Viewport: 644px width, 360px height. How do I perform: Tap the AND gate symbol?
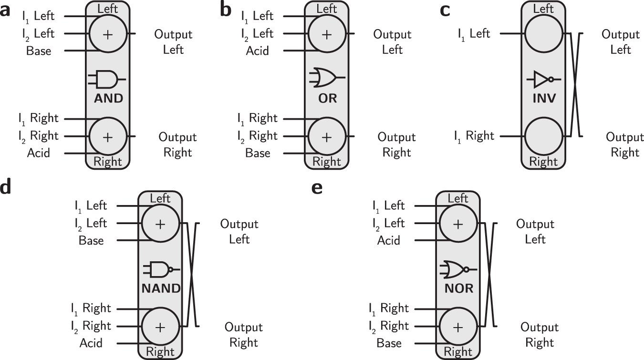click(x=107, y=79)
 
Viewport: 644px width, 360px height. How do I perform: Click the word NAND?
click(x=161, y=288)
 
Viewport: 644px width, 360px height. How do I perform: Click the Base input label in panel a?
click(x=39, y=51)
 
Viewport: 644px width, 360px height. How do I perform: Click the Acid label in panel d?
click(x=91, y=343)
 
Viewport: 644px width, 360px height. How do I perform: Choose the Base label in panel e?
click(x=389, y=343)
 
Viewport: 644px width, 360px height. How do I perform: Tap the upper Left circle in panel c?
click(x=544, y=34)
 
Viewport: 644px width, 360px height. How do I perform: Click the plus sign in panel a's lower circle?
click(x=108, y=137)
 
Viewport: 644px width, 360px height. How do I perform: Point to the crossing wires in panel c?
click(x=574, y=85)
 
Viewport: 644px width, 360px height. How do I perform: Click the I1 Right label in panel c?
click(x=473, y=136)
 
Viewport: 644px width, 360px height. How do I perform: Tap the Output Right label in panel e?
click(x=539, y=335)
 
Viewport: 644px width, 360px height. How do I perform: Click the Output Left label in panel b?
click(x=392, y=42)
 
